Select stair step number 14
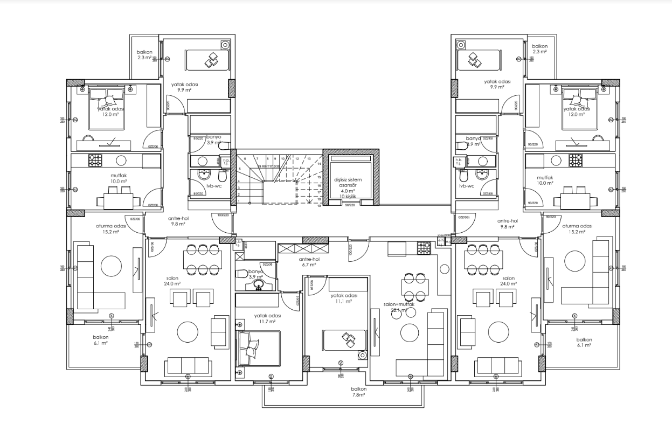(319, 163)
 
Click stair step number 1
(239, 201)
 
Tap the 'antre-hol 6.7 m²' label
(311, 261)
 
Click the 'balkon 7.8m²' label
(358, 392)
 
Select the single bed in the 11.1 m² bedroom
(344, 339)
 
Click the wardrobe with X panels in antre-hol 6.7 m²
(304, 249)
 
